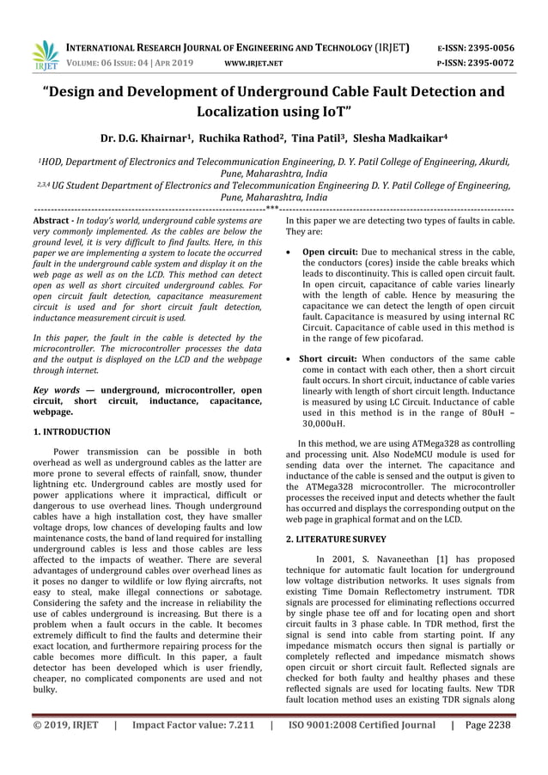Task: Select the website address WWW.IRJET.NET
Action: pos(247,64)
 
